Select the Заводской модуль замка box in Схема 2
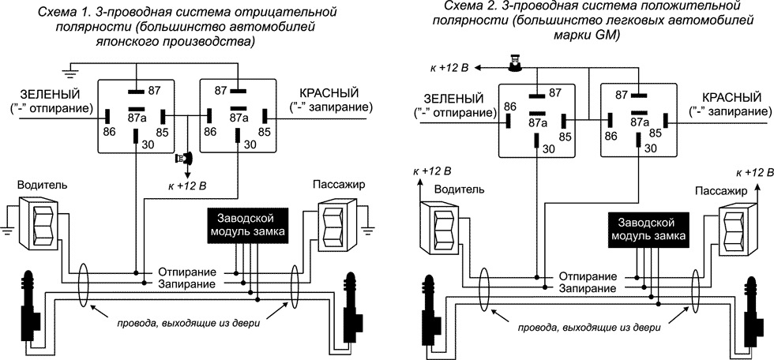coord(648,229)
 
